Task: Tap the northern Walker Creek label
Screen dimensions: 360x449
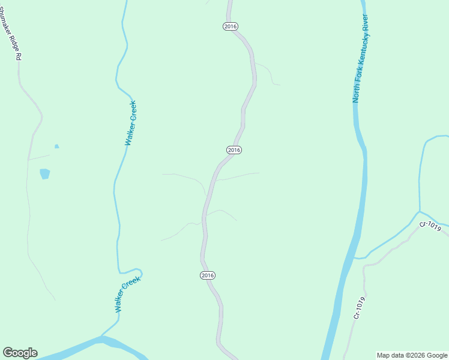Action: pyautogui.click(x=131, y=123)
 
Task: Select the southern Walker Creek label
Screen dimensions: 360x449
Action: pyautogui.click(x=127, y=294)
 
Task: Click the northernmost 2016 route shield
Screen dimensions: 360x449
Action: pyautogui.click(x=231, y=26)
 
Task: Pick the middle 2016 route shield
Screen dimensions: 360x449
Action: pyautogui.click(x=234, y=149)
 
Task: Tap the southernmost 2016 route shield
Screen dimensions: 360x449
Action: pyautogui.click(x=207, y=275)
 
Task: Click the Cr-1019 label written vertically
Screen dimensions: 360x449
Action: pyautogui.click(x=359, y=308)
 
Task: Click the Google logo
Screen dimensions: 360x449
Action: pyautogui.click(x=20, y=353)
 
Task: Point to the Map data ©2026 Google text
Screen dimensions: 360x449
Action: pyautogui.click(x=412, y=355)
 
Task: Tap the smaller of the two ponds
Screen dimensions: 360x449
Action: pyautogui.click(x=56, y=146)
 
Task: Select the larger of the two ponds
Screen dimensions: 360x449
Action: pyautogui.click(x=45, y=174)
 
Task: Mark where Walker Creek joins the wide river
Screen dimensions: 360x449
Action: pyautogui.click(x=102, y=338)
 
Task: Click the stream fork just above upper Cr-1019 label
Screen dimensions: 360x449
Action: pyautogui.click(x=419, y=211)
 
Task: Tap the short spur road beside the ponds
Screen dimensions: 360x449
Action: pyautogui.click(x=40, y=157)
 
